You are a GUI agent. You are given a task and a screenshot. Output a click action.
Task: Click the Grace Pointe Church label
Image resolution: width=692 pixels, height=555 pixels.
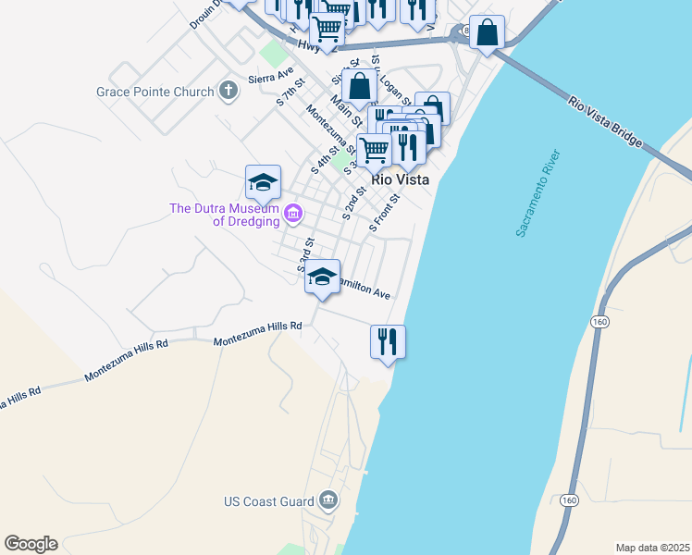coord(155,92)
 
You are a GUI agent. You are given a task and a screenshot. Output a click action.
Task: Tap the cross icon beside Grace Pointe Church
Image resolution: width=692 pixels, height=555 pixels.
coord(229,92)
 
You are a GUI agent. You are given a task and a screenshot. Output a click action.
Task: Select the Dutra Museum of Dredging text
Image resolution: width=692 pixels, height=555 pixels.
coord(226,215)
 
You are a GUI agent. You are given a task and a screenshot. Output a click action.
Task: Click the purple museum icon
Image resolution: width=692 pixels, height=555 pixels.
coord(293,215)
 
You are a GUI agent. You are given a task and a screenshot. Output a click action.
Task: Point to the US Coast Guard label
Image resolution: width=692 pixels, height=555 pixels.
coord(269,502)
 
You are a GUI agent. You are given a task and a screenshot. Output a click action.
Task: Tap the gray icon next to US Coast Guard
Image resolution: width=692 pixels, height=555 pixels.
coord(328,502)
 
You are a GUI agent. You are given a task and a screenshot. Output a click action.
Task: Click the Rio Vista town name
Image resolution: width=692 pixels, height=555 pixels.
coord(400,180)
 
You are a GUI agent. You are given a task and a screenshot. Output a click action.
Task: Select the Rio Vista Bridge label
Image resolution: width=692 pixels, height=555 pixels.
coord(605,122)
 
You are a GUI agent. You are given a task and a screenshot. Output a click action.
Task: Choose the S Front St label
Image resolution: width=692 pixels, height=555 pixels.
coord(384,212)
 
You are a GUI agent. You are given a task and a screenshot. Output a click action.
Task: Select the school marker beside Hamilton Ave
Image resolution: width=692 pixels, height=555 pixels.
coord(322,277)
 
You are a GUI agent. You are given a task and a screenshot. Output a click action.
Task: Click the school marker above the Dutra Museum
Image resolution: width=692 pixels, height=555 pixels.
coord(263,182)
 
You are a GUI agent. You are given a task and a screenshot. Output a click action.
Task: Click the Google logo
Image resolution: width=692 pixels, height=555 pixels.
coord(31,544)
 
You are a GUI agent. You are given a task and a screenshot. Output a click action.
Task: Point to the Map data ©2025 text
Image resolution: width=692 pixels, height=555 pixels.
coord(652,548)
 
